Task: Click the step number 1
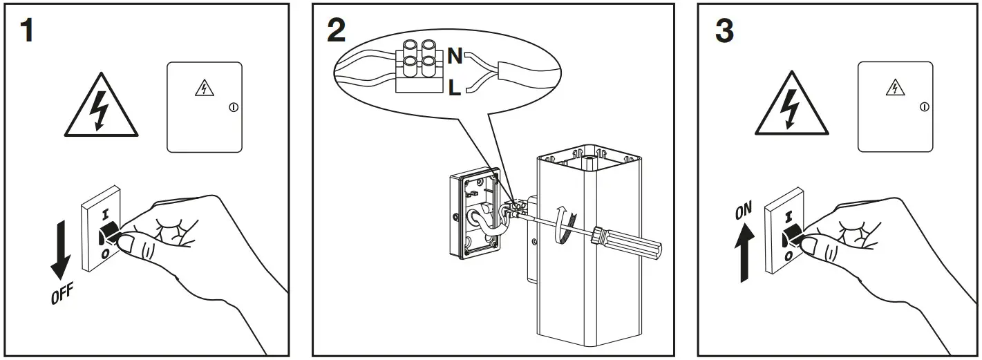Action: (26, 32)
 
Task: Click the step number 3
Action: (723, 32)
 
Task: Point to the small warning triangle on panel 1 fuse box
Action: (203, 88)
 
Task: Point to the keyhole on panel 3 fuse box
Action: (924, 106)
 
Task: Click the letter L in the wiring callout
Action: (454, 88)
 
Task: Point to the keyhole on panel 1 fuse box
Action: (233, 107)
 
